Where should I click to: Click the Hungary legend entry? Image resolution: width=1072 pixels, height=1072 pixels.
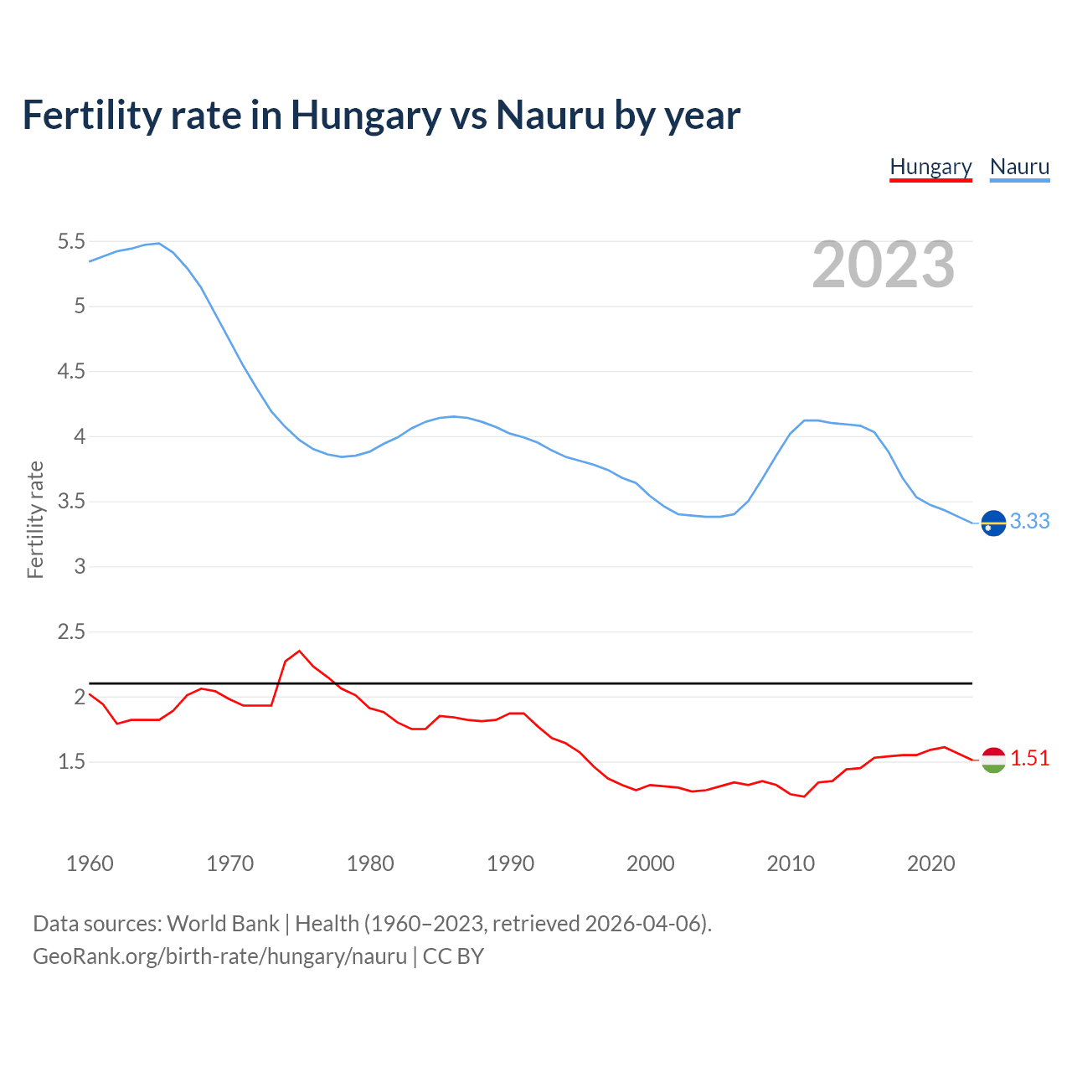click(x=930, y=167)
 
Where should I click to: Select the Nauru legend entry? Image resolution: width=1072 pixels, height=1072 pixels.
click(x=1019, y=167)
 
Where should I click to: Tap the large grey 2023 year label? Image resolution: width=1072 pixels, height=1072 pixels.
click(x=884, y=265)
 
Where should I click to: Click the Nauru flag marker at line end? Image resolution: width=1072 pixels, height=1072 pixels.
click(x=992, y=523)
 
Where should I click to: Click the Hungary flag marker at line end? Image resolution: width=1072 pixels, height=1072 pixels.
click(x=992, y=760)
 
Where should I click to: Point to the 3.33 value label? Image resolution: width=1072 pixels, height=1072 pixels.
click(x=1029, y=521)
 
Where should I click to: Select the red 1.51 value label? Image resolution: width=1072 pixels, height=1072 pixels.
click(x=1029, y=758)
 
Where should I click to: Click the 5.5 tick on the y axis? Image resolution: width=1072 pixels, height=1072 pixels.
click(x=71, y=242)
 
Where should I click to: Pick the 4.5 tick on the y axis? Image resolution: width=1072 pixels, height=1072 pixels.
click(x=71, y=372)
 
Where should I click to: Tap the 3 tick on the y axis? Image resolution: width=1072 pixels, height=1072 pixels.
click(x=80, y=567)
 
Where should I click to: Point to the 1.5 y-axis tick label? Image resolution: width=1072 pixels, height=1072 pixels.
click(x=71, y=762)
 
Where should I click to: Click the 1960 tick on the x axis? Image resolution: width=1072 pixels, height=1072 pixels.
click(x=90, y=863)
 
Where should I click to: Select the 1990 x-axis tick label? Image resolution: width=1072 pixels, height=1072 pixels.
click(x=510, y=863)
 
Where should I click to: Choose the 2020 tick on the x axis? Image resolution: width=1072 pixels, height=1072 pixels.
click(x=930, y=863)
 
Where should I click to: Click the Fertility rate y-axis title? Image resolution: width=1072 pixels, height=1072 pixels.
click(x=35, y=519)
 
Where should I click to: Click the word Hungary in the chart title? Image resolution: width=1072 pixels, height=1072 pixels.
click(x=365, y=116)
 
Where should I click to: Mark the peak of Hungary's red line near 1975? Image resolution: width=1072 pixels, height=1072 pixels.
click(x=299, y=651)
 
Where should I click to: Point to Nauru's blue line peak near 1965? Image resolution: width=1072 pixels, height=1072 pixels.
click(x=158, y=243)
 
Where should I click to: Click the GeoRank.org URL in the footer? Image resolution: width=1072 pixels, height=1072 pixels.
click(x=219, y=956)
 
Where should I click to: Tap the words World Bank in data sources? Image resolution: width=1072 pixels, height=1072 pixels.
click(x=223, y=923)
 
